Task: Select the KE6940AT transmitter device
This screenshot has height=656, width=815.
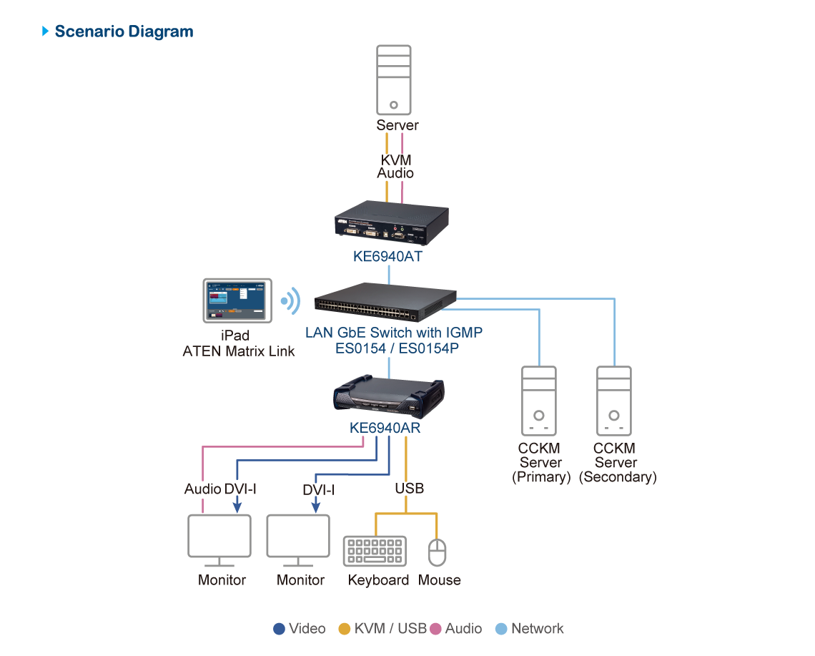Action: [x=392, y=221]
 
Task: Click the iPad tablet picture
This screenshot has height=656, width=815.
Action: [x=236, y=301]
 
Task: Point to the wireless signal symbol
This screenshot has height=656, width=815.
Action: [x=290, y=301]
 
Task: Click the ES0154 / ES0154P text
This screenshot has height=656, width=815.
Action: [x=394, y=349]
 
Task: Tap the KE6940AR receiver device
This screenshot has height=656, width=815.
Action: [x=388, y=398]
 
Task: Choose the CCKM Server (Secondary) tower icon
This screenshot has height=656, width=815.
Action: [x=615, y=401]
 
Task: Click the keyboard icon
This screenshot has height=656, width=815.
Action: [x=375, y=552]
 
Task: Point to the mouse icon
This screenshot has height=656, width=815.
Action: [x=437, y=552]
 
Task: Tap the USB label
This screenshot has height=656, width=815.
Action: [x=410, y=489]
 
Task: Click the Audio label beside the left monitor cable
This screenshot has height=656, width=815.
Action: [x=202, y=489]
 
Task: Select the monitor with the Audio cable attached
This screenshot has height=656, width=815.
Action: [x=219, y=537]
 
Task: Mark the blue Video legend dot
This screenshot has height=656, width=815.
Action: [x=280, y=629]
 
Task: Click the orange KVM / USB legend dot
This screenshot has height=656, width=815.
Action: [x=345, y=629]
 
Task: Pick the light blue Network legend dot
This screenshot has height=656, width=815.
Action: [x=501, y=629]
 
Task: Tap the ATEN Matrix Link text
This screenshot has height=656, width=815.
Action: [x=239, y=351]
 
